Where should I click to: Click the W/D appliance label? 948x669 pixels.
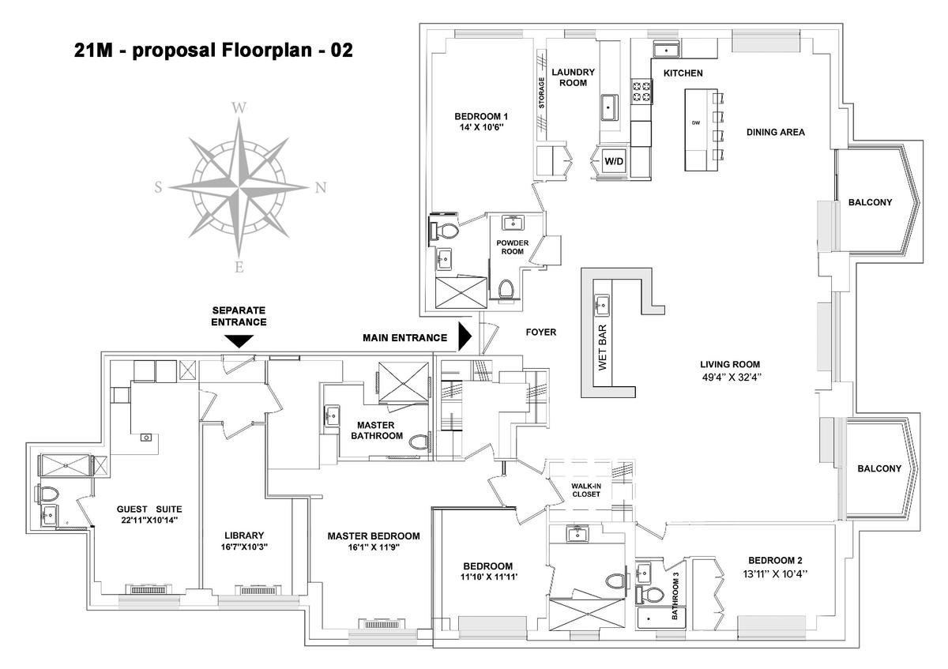coord(614,161)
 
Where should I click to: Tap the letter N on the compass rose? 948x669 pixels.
coord(321,187)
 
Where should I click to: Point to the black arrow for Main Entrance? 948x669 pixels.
coord(465,336)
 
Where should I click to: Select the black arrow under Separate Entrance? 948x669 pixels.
coord(239,341)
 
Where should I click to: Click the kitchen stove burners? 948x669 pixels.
coord(641,92)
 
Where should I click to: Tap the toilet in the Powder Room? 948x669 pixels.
coord(506,289)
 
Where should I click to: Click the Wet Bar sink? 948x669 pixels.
coord(601,305)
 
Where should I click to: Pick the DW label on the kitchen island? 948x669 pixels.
coord(696,123)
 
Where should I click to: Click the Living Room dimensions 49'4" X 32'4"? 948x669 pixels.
coord(732,377)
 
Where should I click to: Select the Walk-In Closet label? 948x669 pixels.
coord(585,490)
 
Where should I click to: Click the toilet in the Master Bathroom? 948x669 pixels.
coord(419,442)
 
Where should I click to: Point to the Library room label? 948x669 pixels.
coord(244,536)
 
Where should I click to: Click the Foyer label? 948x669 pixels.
coord(541,333)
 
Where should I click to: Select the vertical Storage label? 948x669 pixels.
coord(541,92)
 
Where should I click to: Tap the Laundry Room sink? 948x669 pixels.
coord(609,107)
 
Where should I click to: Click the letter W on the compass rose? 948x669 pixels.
coord(239,108)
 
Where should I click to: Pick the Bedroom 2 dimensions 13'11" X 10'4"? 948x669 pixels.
coord(775,574)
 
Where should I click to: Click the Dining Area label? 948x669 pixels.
coord(775,132)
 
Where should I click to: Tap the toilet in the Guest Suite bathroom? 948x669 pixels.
coord(49,494)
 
